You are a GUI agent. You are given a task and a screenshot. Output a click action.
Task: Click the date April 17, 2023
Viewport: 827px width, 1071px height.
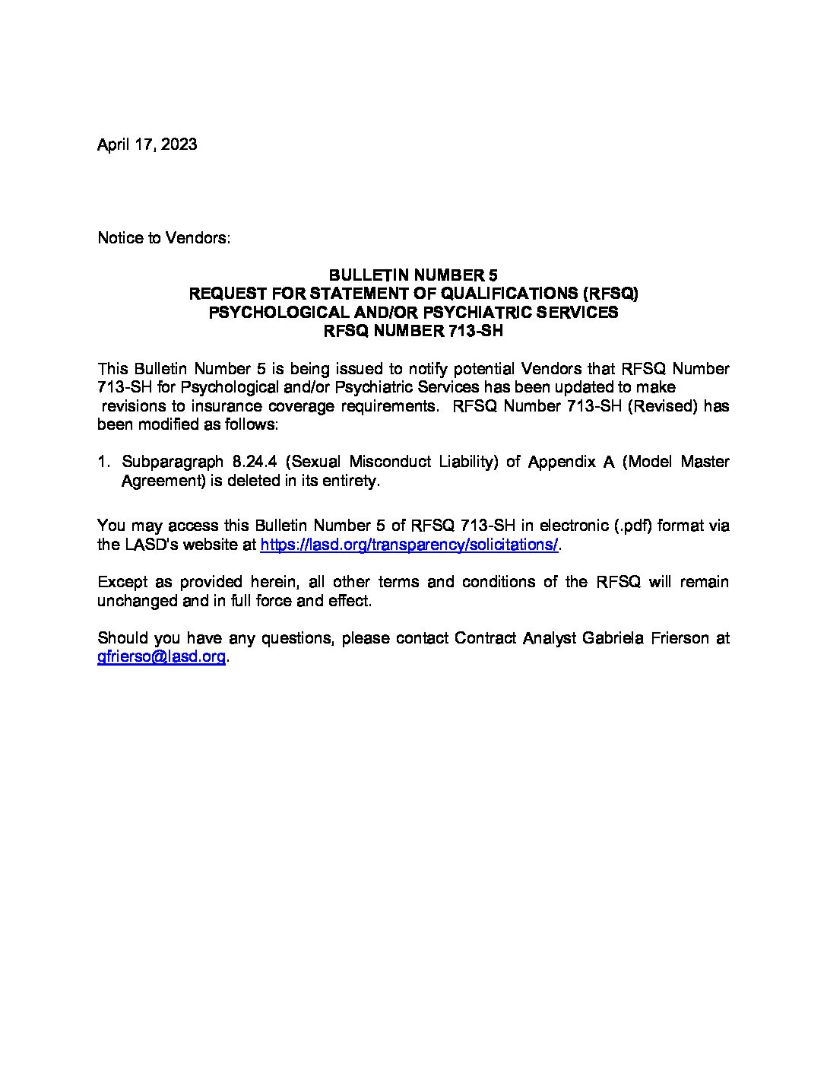click(147, 145)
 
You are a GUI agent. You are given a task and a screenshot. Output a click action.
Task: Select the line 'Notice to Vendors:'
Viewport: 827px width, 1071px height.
click(163, 238)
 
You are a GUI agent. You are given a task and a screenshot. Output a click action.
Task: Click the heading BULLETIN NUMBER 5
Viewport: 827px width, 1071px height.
click(413, 275)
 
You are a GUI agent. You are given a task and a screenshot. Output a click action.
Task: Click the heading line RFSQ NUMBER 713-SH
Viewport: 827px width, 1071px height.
click(413, 331)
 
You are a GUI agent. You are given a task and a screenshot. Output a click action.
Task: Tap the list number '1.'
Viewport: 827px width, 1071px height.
click(105, 462)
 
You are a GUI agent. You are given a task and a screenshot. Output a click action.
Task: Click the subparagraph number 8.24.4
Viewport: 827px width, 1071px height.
click(249, 462)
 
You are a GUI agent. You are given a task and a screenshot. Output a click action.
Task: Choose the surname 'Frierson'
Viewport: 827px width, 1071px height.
click(679, 638)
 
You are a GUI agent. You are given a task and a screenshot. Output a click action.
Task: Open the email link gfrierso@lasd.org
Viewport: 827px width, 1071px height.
click(161, 657)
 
